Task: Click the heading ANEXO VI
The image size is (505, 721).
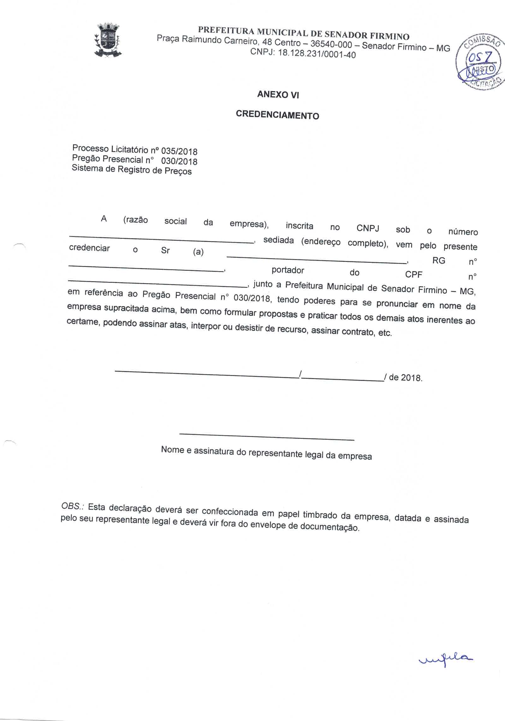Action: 278,94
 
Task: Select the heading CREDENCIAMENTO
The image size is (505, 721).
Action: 277,115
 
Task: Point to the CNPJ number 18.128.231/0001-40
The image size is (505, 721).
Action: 317,54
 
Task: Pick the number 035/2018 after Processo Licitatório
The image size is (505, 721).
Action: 179,151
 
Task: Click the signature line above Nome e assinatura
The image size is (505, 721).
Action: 267,437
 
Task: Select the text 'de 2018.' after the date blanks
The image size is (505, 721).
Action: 406,378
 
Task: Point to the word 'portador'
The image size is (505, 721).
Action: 288,270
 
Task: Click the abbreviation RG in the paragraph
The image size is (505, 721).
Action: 439,261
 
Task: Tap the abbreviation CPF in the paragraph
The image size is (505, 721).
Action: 413,274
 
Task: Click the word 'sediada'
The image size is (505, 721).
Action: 278,240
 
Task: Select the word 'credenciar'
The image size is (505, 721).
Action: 89,248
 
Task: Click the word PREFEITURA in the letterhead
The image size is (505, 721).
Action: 226,31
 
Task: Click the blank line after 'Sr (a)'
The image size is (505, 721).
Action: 316,259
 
